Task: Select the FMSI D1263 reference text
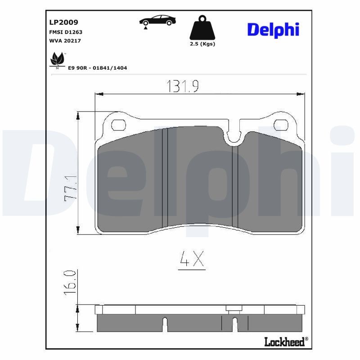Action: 65,32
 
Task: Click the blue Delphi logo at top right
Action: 273,30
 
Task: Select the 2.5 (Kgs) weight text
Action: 202,44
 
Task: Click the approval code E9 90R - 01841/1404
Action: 97,68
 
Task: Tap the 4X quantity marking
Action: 192,260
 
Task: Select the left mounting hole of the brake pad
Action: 119,125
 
